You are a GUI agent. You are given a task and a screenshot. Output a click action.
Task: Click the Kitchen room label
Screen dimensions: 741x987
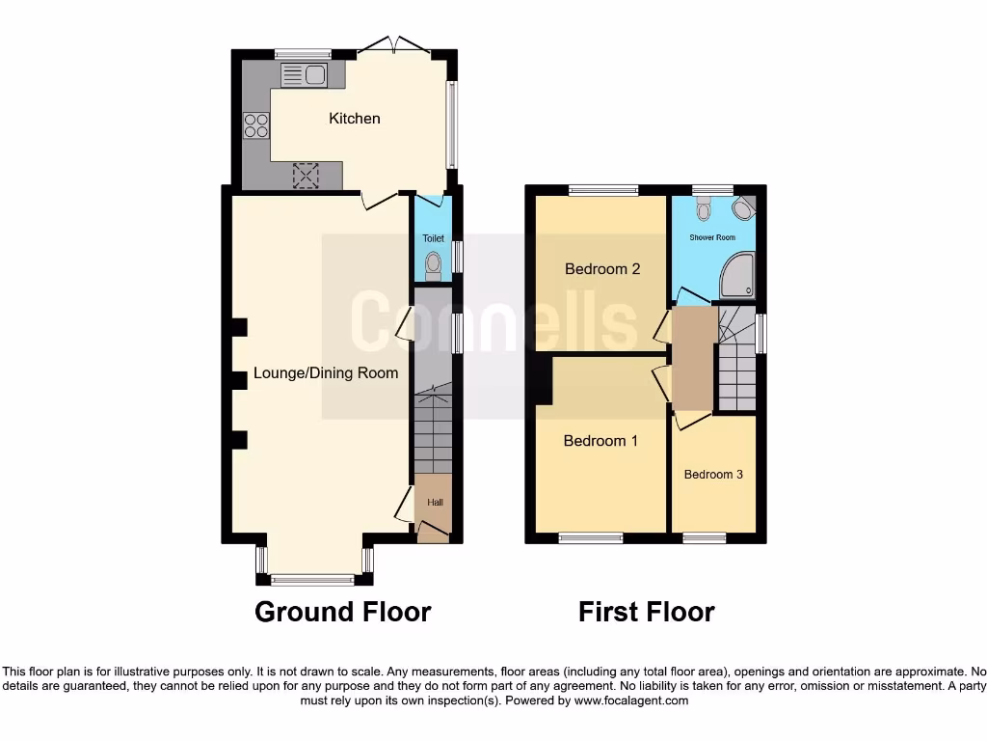point(355,119)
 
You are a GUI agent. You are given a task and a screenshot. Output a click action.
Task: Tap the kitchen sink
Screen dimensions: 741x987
point(305,73)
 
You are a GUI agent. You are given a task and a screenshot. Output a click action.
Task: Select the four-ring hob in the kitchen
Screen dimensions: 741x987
point(256,125)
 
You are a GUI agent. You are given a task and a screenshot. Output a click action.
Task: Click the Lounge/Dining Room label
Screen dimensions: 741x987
point(326,373)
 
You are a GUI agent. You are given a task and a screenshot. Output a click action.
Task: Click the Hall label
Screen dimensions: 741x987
point(436,502)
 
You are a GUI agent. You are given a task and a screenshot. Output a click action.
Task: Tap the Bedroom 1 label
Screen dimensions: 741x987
point(600,441)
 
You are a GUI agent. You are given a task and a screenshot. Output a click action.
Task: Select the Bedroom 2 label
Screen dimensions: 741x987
point(602,269)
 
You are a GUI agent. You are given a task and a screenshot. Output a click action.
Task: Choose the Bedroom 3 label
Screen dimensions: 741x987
point(713,475)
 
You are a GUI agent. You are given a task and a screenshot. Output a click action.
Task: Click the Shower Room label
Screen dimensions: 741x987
point(712,237)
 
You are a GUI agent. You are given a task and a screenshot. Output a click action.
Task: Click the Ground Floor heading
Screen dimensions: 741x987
point(342,612)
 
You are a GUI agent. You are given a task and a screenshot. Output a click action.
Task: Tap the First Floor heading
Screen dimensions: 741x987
point(646,612)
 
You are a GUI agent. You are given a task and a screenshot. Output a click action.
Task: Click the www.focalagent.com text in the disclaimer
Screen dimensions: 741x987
point(631,700)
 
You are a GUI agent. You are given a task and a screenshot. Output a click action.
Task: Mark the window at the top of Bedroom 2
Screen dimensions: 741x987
point(602,190)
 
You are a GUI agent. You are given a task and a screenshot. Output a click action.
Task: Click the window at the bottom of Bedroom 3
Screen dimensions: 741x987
point(705,537)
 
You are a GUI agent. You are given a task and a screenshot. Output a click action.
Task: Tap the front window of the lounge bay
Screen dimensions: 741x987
point(312,580)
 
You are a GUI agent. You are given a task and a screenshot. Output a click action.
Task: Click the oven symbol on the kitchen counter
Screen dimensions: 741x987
point(306,175)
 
